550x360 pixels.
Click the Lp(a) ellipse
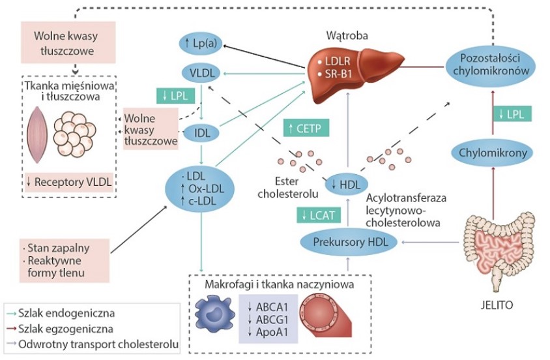click(203, 44)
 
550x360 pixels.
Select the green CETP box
click(306, 128)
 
